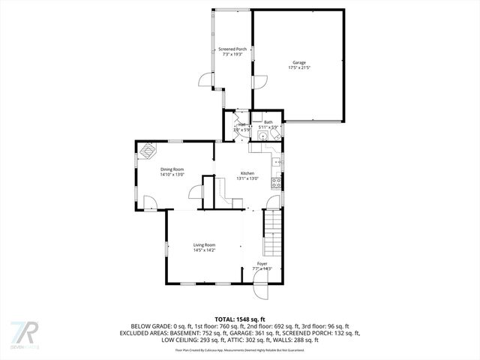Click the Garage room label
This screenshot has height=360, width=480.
coord(298,62)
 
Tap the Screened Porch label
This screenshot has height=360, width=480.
coord(232,49)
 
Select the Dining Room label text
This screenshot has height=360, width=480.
coord(172,169)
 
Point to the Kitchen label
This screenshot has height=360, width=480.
coord(247,173)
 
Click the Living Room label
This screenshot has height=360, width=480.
coord(204,245)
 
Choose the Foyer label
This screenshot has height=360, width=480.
coord(262,264)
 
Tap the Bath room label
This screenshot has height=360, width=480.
coord(268,122)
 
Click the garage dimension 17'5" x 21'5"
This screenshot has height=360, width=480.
coord(298,67)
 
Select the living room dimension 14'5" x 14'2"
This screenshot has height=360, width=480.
coord(204,250)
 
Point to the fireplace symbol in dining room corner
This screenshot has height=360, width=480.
coord(146,150)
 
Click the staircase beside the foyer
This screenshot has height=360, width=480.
coord(271,232)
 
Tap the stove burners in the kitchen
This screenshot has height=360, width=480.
coord(277,181)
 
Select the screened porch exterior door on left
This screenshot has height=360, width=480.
coord(206,81)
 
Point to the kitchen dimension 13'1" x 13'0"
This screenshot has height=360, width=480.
coord(247,178)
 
